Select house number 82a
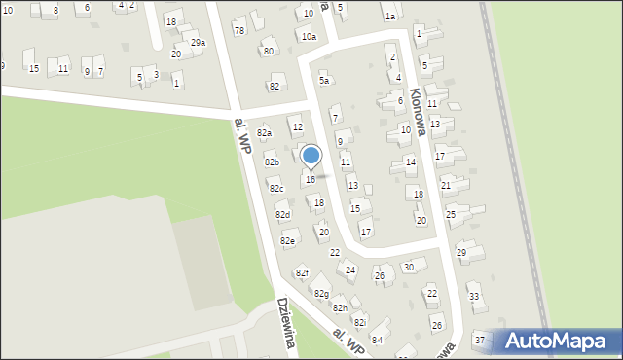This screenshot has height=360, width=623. tap(264, 132)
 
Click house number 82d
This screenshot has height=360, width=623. tap(282, 214)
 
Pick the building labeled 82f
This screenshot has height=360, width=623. tap(302, 273)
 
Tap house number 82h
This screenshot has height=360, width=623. tap(340, 307)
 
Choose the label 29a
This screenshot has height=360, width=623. tap(198, 43)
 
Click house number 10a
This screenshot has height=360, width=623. tap(309, 36)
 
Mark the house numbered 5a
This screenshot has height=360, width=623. tap(325, 81)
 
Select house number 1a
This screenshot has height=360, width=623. tap(389, 17)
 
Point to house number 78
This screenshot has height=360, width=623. tap(238, 31)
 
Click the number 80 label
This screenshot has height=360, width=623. tap(268, 51)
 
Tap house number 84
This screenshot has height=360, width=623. tap(377, 339)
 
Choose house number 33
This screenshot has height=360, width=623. tap(474, 296)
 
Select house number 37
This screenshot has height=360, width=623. tap(479, 340)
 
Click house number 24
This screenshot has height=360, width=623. tap(350, 270)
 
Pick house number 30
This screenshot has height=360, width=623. tap(409, 267)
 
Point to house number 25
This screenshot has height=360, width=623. tap(451, 213)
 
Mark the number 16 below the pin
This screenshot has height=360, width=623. tap(310, 179)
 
